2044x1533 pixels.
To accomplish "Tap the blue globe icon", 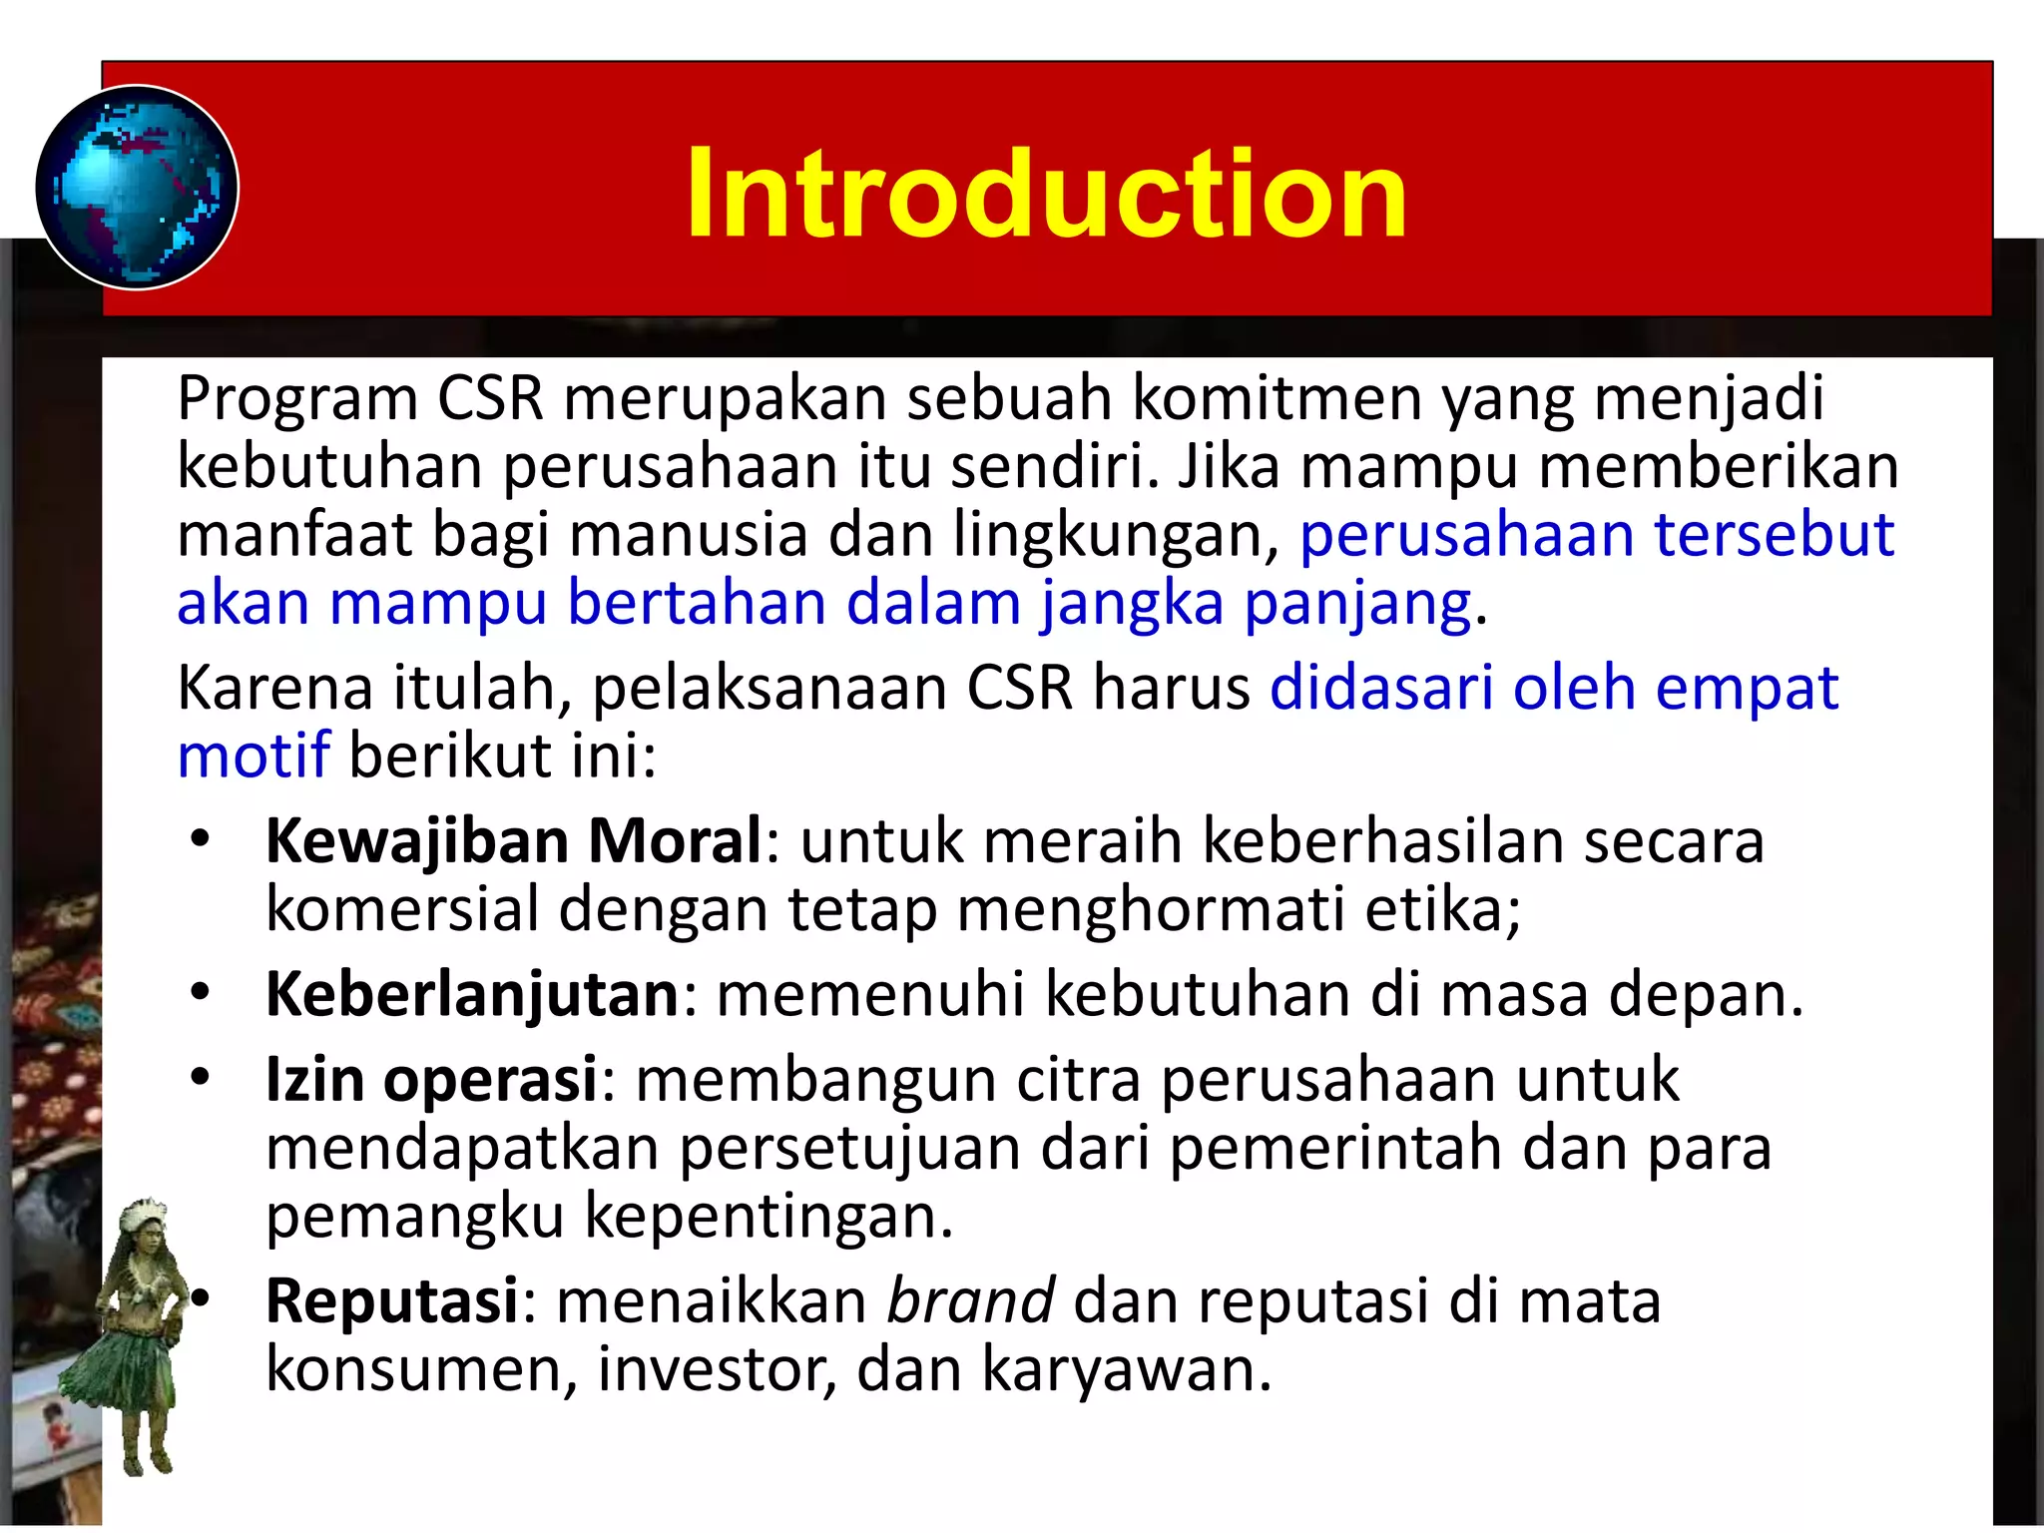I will [x=137, y=188].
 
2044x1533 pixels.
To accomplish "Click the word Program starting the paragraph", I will [x=296, y=399].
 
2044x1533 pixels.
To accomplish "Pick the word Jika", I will [x=1229, y=466].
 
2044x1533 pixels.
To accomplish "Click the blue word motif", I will [x=253, y=756].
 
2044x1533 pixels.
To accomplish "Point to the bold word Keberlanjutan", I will [x=472, y=994].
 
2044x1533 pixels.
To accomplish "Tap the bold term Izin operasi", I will [x=431, y=1080].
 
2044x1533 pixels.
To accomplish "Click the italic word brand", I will [x=970, y=1301].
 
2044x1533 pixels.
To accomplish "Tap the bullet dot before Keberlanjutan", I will [x=201, y=993].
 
